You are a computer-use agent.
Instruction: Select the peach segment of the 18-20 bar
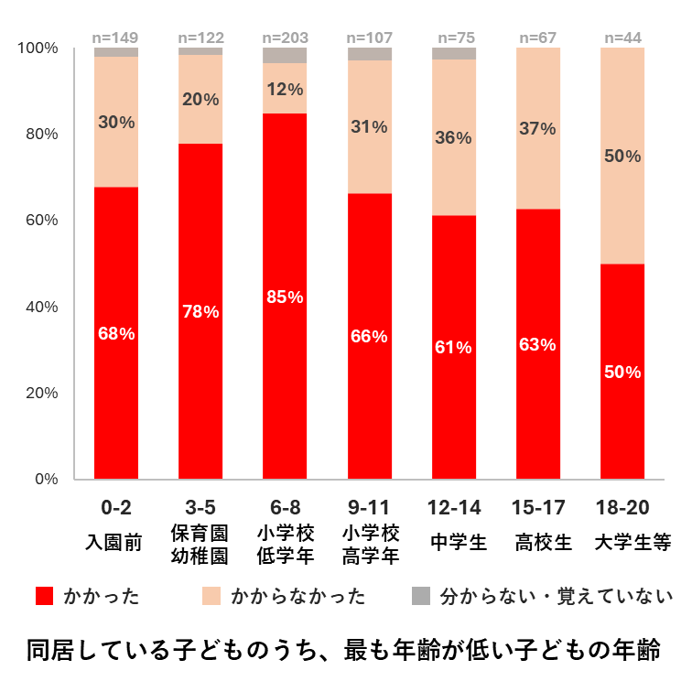coord(622,156)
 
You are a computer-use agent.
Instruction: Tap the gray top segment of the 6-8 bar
coord(285,55)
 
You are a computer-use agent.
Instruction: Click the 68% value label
coord(116,334)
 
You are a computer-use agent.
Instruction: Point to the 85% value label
coord(285,296)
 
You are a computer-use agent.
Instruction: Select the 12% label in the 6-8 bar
coord(285,90)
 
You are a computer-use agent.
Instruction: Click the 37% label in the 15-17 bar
coord(538,129)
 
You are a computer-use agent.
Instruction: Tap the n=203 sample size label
coord(285,38)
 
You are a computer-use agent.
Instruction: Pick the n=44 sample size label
coord(622,38)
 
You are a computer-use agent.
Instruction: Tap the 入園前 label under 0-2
coord(116,542)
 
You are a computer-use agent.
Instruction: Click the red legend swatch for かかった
coord(43,597)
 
